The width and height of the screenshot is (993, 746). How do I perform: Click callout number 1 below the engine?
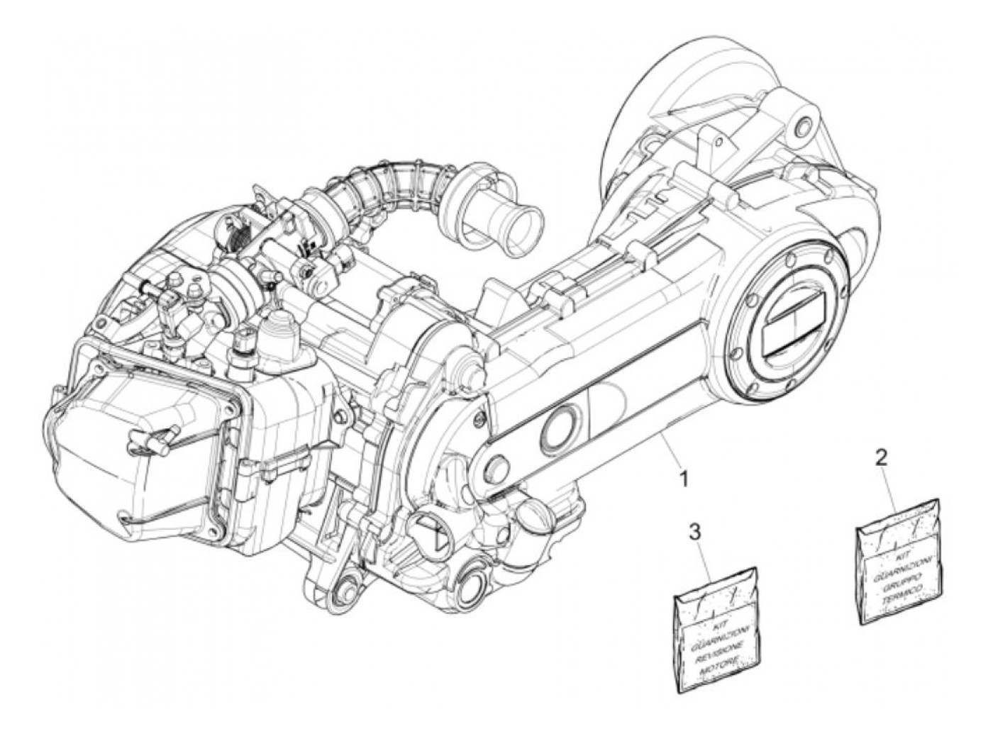[x=684, y=480]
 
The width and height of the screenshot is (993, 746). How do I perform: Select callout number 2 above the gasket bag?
[x=882, y=458]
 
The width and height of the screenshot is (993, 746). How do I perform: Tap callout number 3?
[x=696, y=531]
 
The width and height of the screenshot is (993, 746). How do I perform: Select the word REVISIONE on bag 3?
[x=716, y=648]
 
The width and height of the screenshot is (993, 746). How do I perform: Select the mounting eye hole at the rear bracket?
[x=804, y=128]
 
